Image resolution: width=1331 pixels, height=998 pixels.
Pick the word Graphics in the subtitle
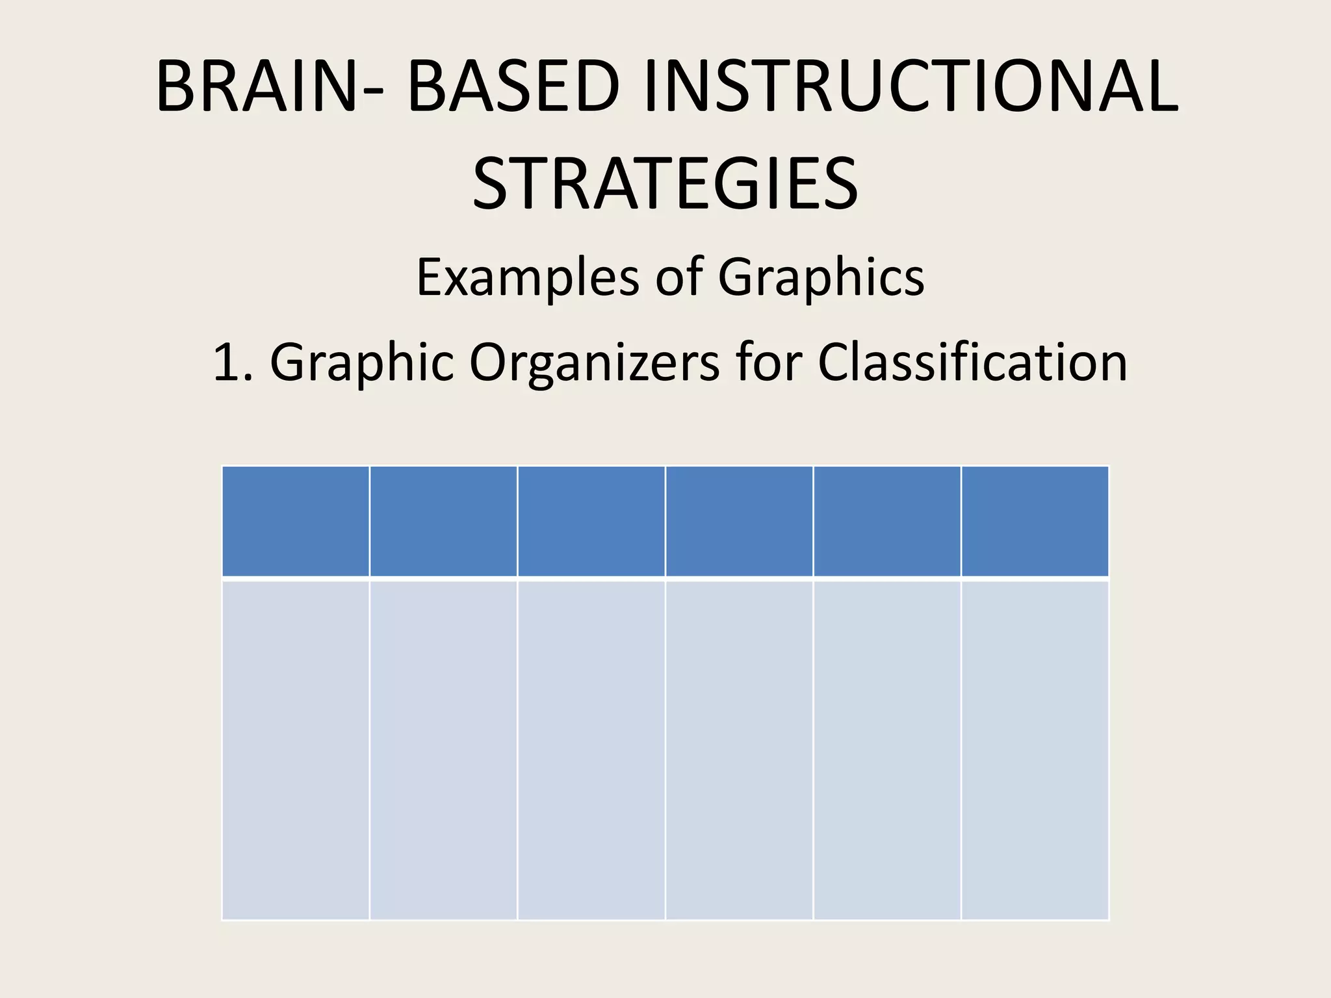tap(821, 277)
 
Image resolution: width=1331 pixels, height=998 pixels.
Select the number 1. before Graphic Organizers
tap(233, 362)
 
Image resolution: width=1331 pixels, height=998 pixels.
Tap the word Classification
tap(972, 362)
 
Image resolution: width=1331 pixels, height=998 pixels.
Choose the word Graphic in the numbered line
tap(361, 362)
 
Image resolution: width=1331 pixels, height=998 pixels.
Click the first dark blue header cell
tap(296, 521)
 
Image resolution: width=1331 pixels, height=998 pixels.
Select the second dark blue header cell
tap(443, 521)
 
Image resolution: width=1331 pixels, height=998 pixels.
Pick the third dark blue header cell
tap(591, 521)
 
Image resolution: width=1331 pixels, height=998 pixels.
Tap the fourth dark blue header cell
tap(739, 521)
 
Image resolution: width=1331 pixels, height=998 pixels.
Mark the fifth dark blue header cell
tap(887, 521)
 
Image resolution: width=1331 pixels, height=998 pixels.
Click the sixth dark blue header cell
tap(1035, 521)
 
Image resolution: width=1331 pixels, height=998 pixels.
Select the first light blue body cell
tap(296, 750)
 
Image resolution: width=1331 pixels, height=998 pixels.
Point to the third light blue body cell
tap(591, 750)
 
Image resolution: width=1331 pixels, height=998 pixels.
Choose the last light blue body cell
tap(1035, 750)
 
